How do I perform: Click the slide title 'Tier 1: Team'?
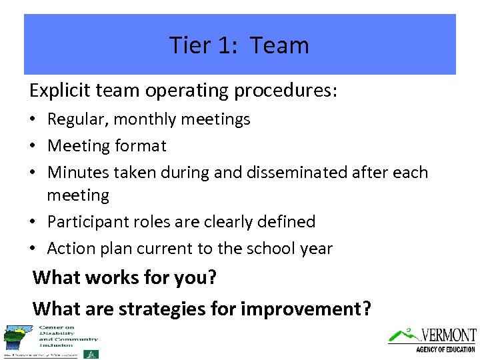239,45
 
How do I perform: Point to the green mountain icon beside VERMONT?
403,335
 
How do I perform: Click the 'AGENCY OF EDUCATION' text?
445,349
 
